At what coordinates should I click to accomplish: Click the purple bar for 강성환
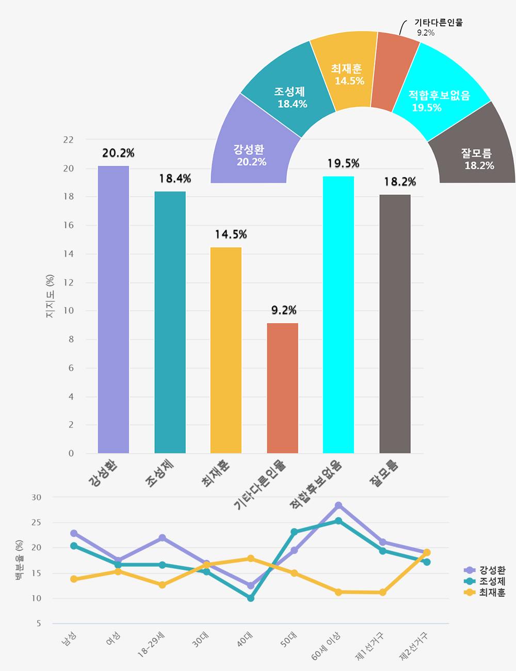coord(114,310)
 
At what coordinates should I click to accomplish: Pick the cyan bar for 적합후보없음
coord(338,315)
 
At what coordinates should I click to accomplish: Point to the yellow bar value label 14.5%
coord(231,235)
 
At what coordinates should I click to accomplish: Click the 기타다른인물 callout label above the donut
coord(438,23)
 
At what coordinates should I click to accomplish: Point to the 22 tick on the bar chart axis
coord(68,140)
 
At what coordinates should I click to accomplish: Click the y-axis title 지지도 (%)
coord(50,296)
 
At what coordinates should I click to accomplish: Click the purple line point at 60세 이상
coord(338,505)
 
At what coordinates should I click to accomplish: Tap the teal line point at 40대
coord(251,598)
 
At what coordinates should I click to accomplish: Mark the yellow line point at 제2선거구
coord(427,553)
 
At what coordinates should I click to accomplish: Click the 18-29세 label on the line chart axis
coord(151,645)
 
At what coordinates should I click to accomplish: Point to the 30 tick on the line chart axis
coord(36,498)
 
